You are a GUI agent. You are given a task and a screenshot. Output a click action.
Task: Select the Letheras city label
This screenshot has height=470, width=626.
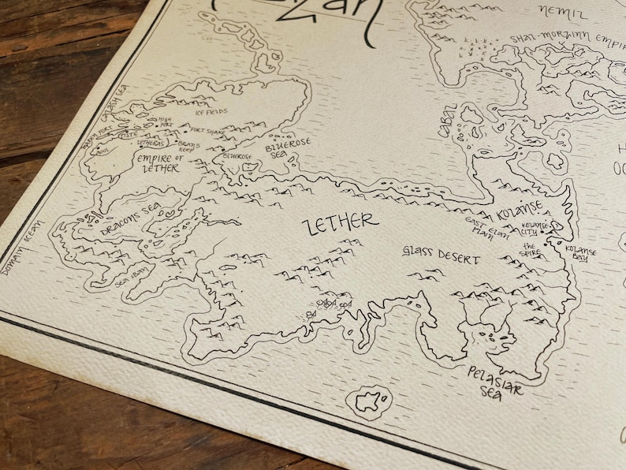[151, 144]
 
